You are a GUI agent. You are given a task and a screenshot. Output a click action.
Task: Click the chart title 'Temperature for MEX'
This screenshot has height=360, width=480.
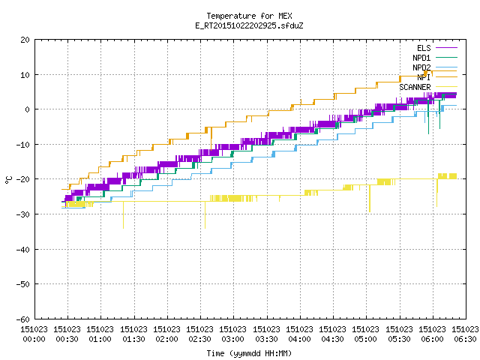(249, 16)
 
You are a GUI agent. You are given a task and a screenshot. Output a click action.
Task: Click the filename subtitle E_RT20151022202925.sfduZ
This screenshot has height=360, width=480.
(249, 25)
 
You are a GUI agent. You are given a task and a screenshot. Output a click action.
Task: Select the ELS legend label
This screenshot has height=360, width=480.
(424, 48)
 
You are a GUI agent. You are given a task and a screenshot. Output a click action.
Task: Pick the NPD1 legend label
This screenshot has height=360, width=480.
(421, 58)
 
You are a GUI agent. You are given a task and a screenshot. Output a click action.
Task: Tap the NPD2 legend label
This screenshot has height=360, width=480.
(421, 67)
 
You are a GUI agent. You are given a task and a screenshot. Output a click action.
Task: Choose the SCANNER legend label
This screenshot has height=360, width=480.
(415, 87)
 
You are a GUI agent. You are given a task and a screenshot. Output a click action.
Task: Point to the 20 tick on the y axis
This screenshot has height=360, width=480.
(25, 40)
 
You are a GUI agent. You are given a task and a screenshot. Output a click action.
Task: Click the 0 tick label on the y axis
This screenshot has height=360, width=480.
(28, 109)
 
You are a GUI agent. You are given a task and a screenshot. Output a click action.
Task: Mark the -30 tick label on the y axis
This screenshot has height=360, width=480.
(23, 214)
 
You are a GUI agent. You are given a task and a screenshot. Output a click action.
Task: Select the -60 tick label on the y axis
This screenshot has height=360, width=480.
(23, 319)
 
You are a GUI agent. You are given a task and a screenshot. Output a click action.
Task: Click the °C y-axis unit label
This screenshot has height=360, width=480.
(8, 180)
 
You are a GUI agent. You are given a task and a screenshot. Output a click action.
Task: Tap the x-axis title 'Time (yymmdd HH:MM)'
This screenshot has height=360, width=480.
(249, 353)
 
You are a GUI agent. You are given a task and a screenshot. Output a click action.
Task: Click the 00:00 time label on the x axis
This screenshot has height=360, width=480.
(34, 339)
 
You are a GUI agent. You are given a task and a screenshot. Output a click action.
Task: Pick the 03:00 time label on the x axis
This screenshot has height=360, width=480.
(233, 339)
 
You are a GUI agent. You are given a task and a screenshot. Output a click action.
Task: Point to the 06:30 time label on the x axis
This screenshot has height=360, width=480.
(465, 339)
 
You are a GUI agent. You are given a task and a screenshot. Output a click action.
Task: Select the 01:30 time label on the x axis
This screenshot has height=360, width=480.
(133, 339)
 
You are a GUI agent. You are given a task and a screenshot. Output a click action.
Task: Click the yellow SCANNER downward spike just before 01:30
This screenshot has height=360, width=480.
(123, 215)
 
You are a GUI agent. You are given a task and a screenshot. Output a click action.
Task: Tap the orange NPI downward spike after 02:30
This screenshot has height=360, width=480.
(211, 139)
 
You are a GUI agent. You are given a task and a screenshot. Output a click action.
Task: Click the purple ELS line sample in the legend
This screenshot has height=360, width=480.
(446, 48)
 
